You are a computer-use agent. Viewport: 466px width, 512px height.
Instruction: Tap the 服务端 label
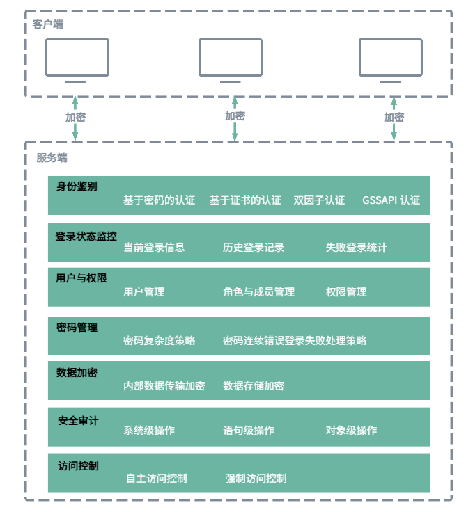click(x=52, y=158)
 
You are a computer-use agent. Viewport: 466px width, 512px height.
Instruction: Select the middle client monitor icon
click(x=231, y=58)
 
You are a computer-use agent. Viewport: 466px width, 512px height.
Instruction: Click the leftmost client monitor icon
click(x=77, y=58)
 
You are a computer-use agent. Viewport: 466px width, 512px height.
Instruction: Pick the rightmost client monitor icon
click(x=391, y=58)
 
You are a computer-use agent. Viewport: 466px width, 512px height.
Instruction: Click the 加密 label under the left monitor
click(x=76, y=118)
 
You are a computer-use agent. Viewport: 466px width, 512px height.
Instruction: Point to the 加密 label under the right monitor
click(x=394, y=118)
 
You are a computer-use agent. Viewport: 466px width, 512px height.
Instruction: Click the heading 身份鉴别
click(x=77, y=186)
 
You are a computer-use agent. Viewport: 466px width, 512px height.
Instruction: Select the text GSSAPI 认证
click(x=391, y=200)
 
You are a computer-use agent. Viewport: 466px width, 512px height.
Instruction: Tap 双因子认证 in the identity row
click(x=319, y=200)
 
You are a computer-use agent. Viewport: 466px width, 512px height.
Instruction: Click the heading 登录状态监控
click(x=86, y=236)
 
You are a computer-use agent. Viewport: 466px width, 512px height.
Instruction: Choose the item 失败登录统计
click(x=356, y=247)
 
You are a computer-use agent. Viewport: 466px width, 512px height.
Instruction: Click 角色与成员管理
click(x=258, y=292)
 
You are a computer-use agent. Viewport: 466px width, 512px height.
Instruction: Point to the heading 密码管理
click(x=77, y=327)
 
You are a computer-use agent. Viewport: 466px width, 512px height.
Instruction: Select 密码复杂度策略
click(x=159, y=340)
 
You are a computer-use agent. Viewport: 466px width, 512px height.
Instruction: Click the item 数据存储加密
click(x=254, y=385)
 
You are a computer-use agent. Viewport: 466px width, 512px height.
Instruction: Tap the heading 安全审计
click(x=78, y=420)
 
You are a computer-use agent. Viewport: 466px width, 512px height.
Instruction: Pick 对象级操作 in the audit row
click(x=351, y=430)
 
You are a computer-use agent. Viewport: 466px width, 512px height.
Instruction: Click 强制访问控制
click(x=256, y=478)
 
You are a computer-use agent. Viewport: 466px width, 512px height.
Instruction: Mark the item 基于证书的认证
click(x=245, y=200)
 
